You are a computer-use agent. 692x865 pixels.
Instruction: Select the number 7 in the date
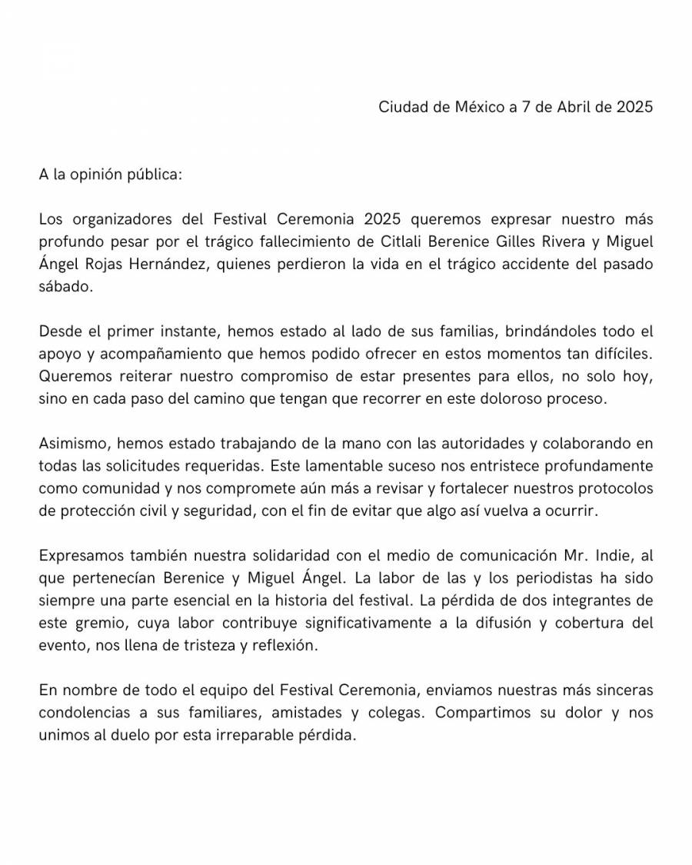[x=526, y=107]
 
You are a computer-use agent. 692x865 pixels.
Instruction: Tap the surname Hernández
[x=167, y=266]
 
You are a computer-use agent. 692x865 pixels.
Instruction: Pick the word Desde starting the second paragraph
[x=59, y=334]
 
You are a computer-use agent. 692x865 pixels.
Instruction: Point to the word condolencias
[x=93, y=713]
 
